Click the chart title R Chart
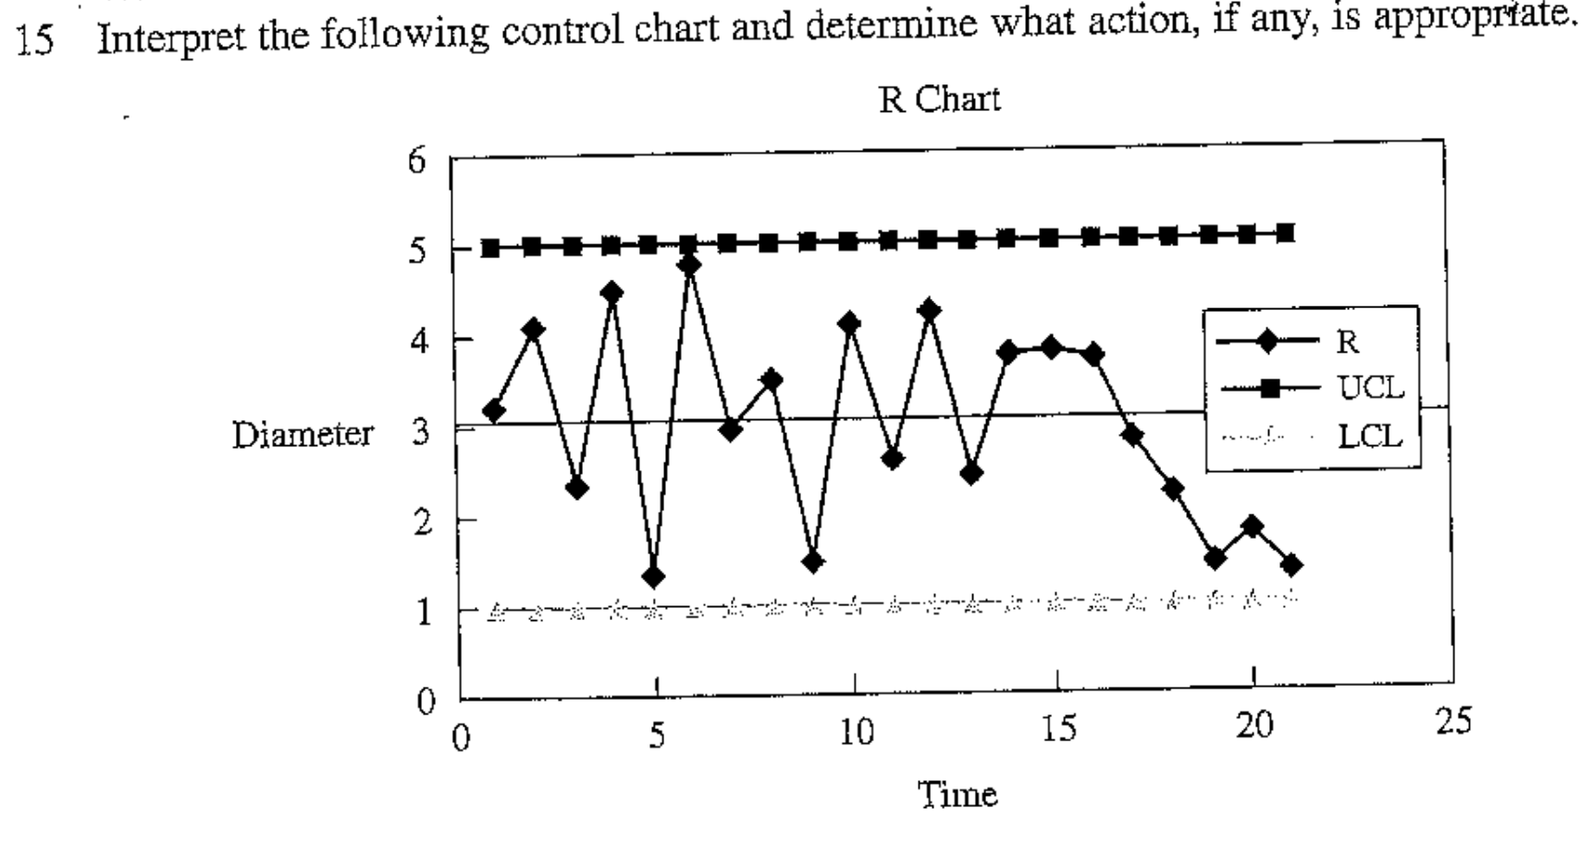click(939, 99)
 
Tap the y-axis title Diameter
click(303, 434)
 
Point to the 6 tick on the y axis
click(417, 161)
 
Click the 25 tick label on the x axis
click(1452, 721)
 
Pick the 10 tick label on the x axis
click(856, 732)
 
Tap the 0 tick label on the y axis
click(425, 701)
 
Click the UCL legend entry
click(1370, 388)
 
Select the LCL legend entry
click(1369, 435)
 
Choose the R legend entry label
click(1347, 342)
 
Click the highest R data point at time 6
click(688, 265)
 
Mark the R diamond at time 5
click(653, 577)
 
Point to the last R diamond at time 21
click(1292, 565)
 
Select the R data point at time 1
click(493, 411)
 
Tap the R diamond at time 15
click(1050, 348)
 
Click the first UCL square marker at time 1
click(490, 248)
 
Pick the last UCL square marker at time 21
click(1285, 232)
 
